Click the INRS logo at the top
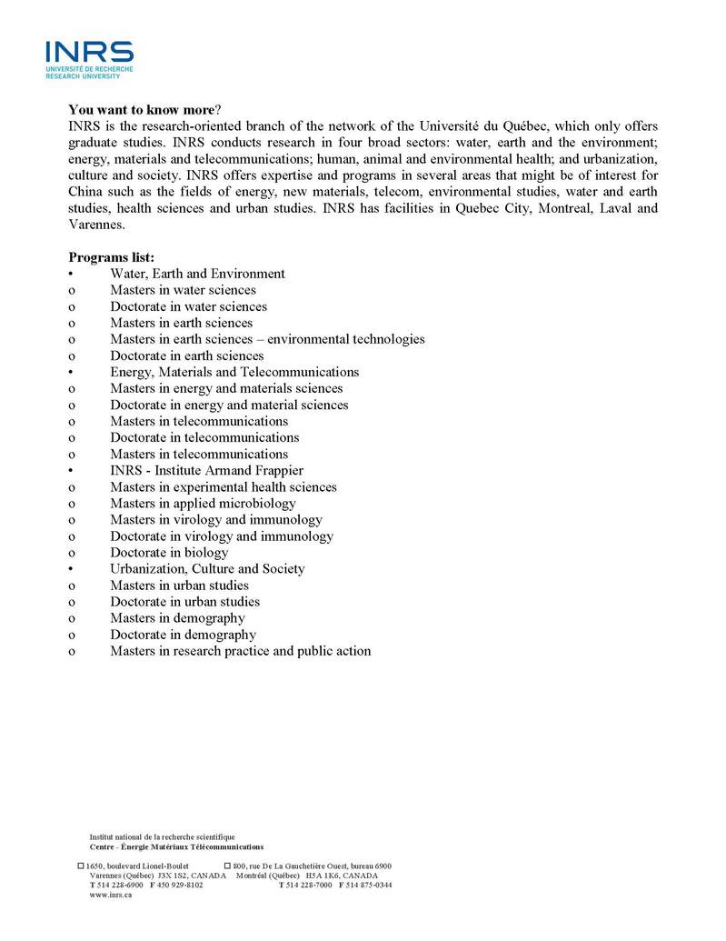(x=89, y=58)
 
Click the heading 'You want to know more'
(x=141, y=109)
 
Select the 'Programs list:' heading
(x=111, y=257)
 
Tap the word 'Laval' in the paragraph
(x=618, y=208)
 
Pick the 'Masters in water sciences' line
(x=183, y=290)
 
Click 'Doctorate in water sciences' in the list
(x=188, y=306)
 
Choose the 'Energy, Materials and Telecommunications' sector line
(x=234, y=372)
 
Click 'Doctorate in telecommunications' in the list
(x=204, y=437)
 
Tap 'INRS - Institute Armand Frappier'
(x=206, y=470)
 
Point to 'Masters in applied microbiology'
(x=203, y=503)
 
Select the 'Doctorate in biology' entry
(x=169, y=552)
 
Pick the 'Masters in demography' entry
(x=177, y=618)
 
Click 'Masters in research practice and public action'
(x=240, y=651)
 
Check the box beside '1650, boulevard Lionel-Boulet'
(x=81, y=866)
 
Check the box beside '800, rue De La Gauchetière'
(x=227, y=866)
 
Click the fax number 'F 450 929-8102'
(x=176, y=885)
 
